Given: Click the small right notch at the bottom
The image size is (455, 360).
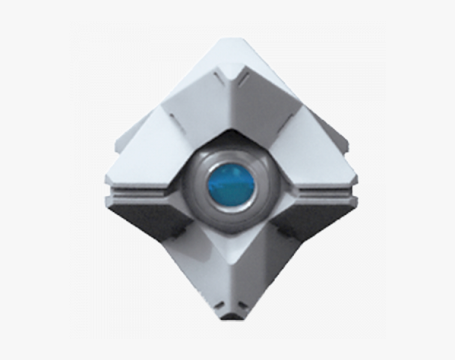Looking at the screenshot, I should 242,305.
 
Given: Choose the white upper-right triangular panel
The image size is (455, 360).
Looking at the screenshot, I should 317,154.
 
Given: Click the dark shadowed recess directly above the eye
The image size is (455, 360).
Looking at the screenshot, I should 231,139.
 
